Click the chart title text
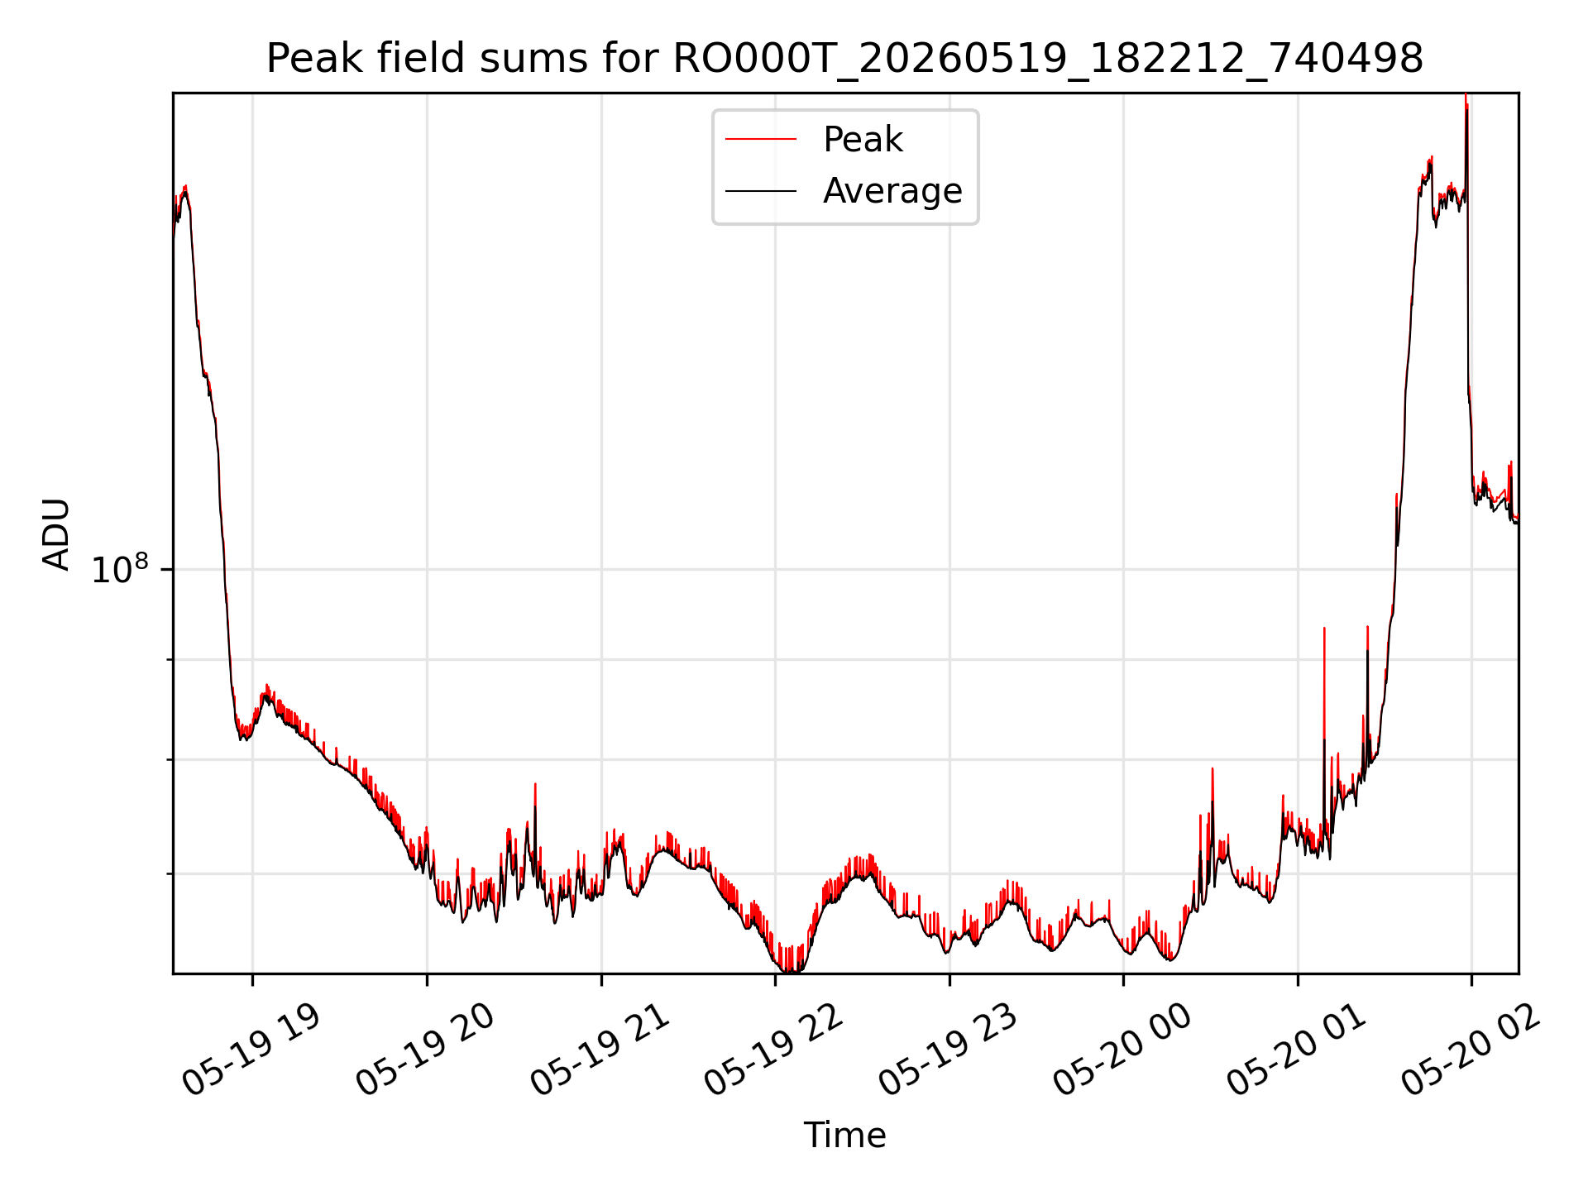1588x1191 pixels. pos(844,59)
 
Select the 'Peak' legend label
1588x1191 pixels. pos(863,140)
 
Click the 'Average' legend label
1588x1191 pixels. pos(892,191)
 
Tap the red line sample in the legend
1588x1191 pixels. pos(761,140)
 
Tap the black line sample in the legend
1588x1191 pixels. pos(761,191)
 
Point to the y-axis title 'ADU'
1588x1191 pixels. pos(56,533)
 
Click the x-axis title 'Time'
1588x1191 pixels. pos(844,1136)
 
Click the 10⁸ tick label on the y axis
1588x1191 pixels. pos(120,569)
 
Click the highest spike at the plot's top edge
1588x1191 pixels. pos(1466,103)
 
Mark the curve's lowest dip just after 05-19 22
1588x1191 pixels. pos(790,969)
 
